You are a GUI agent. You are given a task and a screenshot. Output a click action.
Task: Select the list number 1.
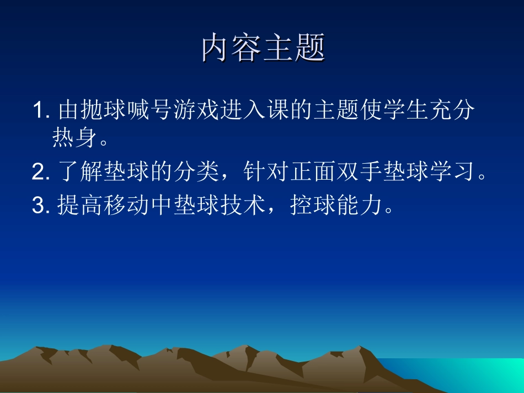point(40,111)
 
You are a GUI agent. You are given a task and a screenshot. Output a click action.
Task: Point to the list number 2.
point(40,173)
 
